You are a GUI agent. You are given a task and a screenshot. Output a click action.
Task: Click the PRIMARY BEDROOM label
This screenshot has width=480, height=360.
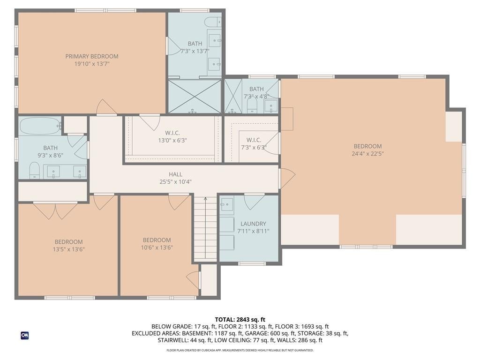(x=92, y=56)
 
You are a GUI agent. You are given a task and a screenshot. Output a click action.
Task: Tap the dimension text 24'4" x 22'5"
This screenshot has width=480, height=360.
(x=367, y=154)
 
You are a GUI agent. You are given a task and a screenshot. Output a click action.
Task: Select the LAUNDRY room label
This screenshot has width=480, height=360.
(x=253, y=224)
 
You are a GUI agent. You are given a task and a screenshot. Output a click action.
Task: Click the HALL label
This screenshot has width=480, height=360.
(x=176, y=174)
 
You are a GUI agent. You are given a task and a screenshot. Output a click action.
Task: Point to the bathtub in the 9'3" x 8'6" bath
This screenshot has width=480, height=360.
(x=40, y=126)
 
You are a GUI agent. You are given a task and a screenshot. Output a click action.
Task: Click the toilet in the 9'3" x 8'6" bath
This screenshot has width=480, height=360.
(x=34, y=170)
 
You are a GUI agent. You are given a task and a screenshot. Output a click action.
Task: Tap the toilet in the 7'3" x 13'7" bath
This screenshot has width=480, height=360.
(x=214, y=22)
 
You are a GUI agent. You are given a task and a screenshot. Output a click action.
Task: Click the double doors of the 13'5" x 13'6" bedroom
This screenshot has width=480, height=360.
(x=55, y=210)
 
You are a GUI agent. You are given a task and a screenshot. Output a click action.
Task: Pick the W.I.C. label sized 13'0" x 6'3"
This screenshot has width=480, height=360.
(x=172, y=133)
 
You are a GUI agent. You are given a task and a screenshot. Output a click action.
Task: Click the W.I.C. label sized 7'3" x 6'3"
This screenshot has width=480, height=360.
(x=254, y=140)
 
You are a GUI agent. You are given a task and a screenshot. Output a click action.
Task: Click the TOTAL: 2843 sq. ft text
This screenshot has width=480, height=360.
(x=240, y=319)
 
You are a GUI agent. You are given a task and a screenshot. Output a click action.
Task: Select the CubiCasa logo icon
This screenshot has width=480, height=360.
(x=24, y=335)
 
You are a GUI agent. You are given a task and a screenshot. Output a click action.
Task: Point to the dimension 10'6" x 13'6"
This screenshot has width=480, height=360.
(x=157, y=248)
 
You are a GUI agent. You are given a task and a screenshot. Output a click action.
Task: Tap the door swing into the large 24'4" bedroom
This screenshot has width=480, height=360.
(x=287, y=178)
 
